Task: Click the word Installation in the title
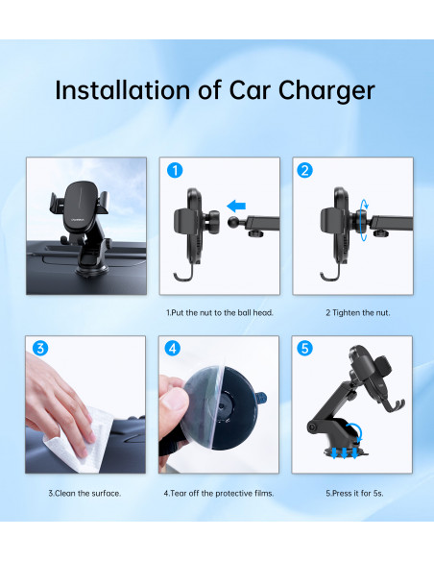click(122, 89)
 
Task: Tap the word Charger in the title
click(326, 91)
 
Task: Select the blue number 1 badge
click(175, 170)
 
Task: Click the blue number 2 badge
click(305, 170)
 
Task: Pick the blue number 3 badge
click(40, 348)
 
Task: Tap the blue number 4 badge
click(172, 348)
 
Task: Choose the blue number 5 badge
click(304, 348)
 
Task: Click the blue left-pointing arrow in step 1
click(236, 207)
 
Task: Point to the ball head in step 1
click(234, 222)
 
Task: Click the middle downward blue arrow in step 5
click(345, 452)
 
